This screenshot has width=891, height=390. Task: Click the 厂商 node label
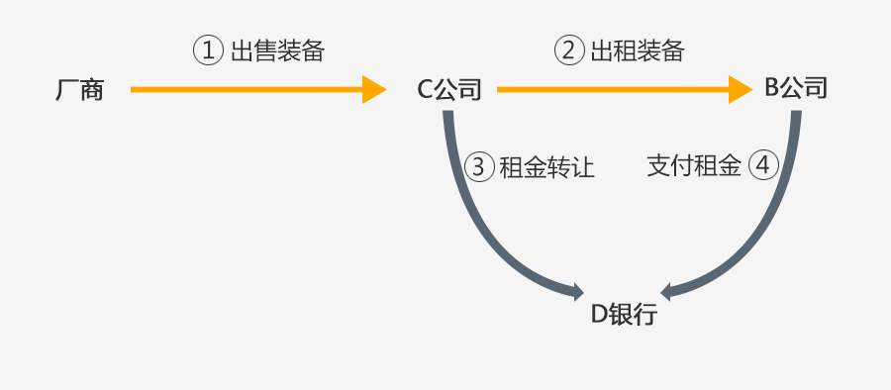coord(79,91)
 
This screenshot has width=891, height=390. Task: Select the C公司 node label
coord(448,90)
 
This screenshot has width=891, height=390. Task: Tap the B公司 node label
coord(795,89)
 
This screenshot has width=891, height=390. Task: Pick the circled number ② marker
coord(568,51)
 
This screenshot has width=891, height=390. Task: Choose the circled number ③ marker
coord(478,165)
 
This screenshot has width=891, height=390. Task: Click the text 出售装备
coord(277,51)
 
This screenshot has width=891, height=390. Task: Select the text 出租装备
coord(638,51)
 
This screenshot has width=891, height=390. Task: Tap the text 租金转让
coord(546,166)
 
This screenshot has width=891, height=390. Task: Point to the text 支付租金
coord(694,165)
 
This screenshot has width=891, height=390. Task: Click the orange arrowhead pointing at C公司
coord(374,90)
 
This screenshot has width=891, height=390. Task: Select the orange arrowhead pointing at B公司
coord(742,90)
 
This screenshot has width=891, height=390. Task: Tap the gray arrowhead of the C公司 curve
coord(576,291)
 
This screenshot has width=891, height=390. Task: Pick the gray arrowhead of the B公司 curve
coord(669,292)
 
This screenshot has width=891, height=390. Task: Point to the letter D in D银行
coord(598,316)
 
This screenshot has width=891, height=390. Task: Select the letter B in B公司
coord(771,89)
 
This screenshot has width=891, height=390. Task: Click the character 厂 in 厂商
coord(66,91)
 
